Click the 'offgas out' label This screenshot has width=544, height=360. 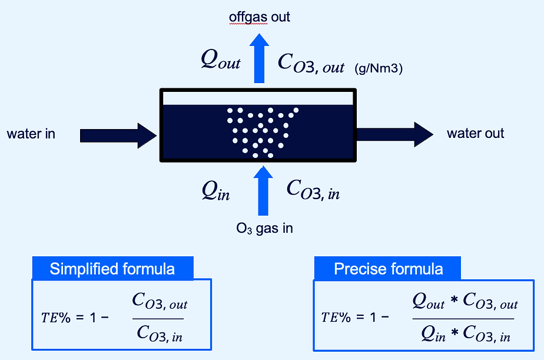260,17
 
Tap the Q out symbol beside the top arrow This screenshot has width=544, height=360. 221,60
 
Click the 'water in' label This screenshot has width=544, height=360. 31,134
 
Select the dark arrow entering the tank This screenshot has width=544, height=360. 118,135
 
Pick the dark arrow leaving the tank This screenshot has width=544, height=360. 394,134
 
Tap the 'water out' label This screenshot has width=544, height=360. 475,133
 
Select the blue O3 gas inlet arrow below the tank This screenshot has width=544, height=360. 259,190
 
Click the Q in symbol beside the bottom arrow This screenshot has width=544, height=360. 215,191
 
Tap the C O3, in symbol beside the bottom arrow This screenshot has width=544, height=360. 313,190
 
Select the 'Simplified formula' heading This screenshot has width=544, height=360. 112,269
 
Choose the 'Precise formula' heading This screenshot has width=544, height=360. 388,269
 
